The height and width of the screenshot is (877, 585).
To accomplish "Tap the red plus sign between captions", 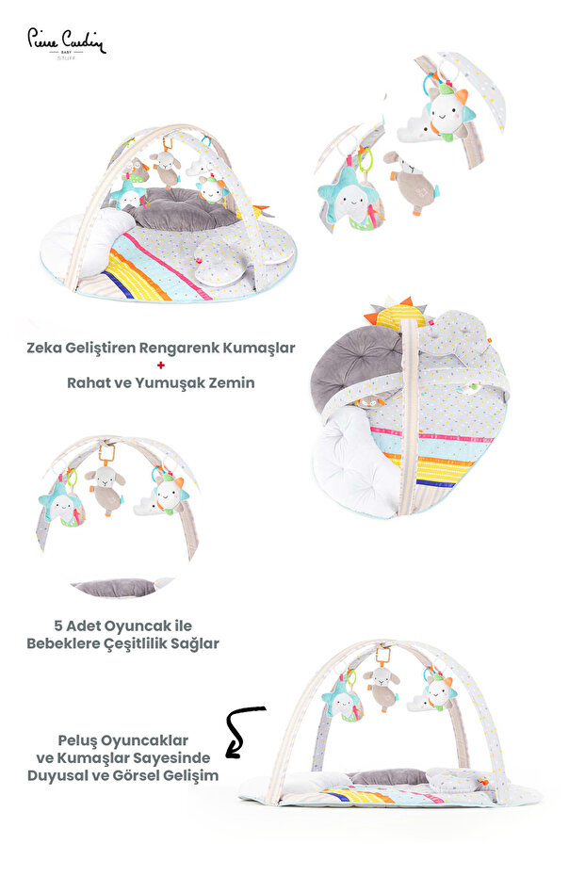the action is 161,365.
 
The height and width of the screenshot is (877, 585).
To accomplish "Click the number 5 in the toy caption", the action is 58,625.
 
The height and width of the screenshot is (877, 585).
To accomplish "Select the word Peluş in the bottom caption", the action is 76,741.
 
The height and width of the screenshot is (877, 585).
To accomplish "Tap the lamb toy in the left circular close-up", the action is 106,487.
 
